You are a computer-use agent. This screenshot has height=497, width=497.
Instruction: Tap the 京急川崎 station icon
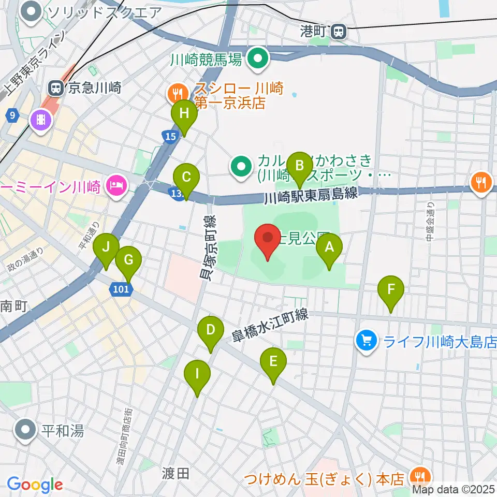click(55, 87)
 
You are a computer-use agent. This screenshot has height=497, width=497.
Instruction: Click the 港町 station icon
click(340, 32)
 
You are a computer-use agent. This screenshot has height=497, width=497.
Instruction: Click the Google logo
click(35, 485)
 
